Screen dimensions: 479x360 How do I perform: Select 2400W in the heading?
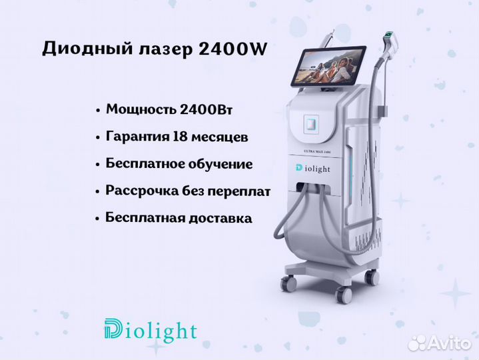(x=233, y=49)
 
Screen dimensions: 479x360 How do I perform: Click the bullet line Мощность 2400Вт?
(x=169, y=110)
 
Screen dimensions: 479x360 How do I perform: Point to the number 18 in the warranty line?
(x=180, y=136)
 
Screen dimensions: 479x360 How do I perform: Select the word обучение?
(x=221, y=164)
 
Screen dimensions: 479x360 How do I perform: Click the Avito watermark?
(x=440, y=343)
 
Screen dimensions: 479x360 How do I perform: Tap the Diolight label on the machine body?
(x=313, y=169)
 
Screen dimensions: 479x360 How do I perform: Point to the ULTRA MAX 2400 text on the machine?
(x=317, y=151)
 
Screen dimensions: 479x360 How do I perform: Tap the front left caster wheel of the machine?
(x=288, y=283)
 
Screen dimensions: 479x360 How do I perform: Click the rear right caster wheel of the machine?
(x=372, y=277)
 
